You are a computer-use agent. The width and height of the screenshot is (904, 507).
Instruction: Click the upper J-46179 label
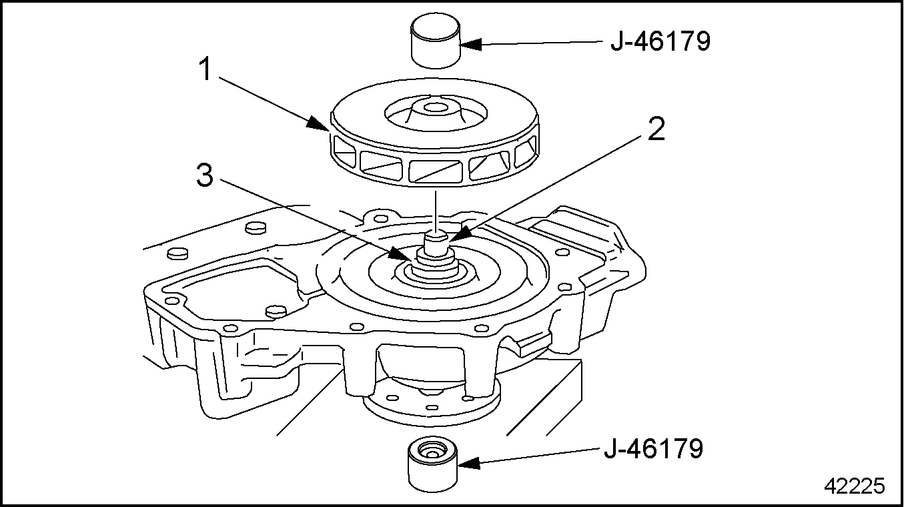point(660,41)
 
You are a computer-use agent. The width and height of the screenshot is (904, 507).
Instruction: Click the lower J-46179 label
point(653,448)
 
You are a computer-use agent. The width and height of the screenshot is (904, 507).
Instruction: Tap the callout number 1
point(206,69)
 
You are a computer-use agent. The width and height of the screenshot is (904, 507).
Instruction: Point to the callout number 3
point(205,175)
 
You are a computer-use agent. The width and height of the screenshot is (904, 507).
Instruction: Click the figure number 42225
point(855,486)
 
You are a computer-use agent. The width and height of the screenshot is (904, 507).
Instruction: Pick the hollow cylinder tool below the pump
point(432,464)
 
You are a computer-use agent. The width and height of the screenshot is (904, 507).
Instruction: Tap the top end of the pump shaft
point(438,233)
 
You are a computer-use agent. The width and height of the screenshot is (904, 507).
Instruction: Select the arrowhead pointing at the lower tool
point(468,463)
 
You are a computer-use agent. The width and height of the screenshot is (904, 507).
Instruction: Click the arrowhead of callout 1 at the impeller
point(318,124)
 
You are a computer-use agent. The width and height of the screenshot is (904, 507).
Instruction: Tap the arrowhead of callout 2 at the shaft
point(460,234)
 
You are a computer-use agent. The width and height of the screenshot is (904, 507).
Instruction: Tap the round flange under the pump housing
point(432,404)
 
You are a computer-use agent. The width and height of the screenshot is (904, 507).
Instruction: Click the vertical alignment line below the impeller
point(436,211)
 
